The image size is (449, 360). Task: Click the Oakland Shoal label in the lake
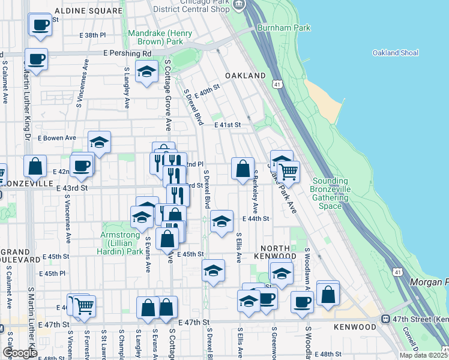[x=394, y=53]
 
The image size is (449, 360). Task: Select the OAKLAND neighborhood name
[x=245, y=76]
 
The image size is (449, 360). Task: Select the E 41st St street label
[x=228, y=125]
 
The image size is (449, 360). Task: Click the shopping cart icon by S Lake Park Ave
[x=288, y=171]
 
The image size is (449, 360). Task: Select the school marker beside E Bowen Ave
[x=100, y=142]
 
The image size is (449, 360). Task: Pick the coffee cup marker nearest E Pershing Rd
[x=37, y=59]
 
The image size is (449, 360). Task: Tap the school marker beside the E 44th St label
[x=221, y=221]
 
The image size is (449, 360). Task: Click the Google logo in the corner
[x=19, y=353]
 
